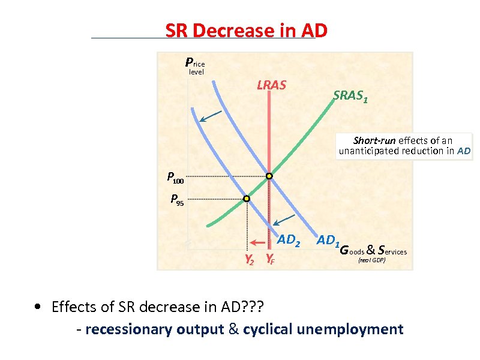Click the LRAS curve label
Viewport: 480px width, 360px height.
pos(271,85)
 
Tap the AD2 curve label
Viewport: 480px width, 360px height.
pos(288,240)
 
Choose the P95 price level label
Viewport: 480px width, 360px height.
pos(177,200)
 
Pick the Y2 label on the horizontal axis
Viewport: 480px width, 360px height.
pos(248,260)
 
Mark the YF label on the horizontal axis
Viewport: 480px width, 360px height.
pos(271,260)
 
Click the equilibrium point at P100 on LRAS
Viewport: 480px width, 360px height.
pos(269,176)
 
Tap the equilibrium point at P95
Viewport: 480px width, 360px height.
pos(246,199)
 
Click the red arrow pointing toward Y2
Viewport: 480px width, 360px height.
pos(257,243)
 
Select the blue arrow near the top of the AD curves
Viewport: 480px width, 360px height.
pos(210,116)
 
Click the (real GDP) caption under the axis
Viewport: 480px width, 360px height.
pos(371,261)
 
